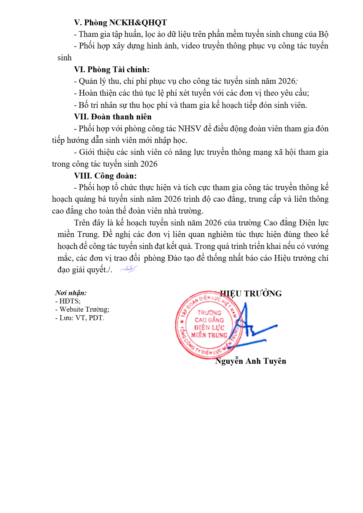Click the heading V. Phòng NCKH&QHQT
tap(120, 23)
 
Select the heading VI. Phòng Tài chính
tap(112, 69)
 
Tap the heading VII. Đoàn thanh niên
tap(113, 117)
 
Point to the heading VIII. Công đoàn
tap(105, 176)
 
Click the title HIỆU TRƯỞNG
tap(251, 294)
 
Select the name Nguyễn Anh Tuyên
tap(250, 361)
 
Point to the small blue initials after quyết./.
tap(128, 269)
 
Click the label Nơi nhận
tap(71, 293)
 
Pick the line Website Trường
tap(82, 309)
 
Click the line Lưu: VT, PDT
tap(80, 318)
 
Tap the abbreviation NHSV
tap(189, 129)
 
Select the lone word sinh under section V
tap(64, 58)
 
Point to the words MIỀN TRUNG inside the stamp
tap(209, 335)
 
